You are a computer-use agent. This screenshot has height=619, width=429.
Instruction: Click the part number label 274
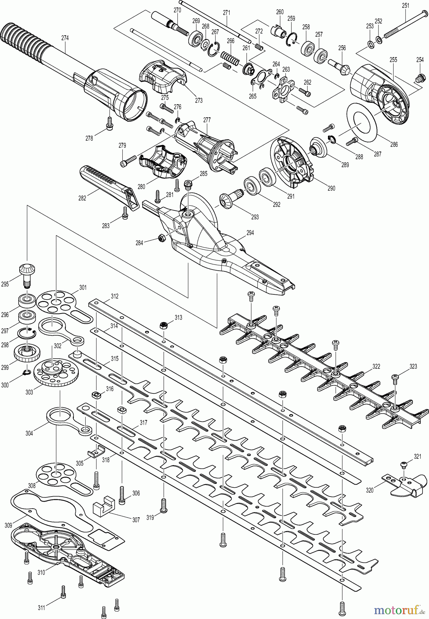[x=65, y=38]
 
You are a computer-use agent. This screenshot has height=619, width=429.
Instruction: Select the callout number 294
[x=250, y=233]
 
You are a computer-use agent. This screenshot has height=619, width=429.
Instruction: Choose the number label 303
[x=29, y=392]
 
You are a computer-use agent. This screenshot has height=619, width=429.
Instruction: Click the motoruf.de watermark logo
[x=399, y=610]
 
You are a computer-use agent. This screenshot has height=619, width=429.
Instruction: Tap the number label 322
[x=376, y=367]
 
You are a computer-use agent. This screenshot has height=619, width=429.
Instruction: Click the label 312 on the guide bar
[x=114, y=296]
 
